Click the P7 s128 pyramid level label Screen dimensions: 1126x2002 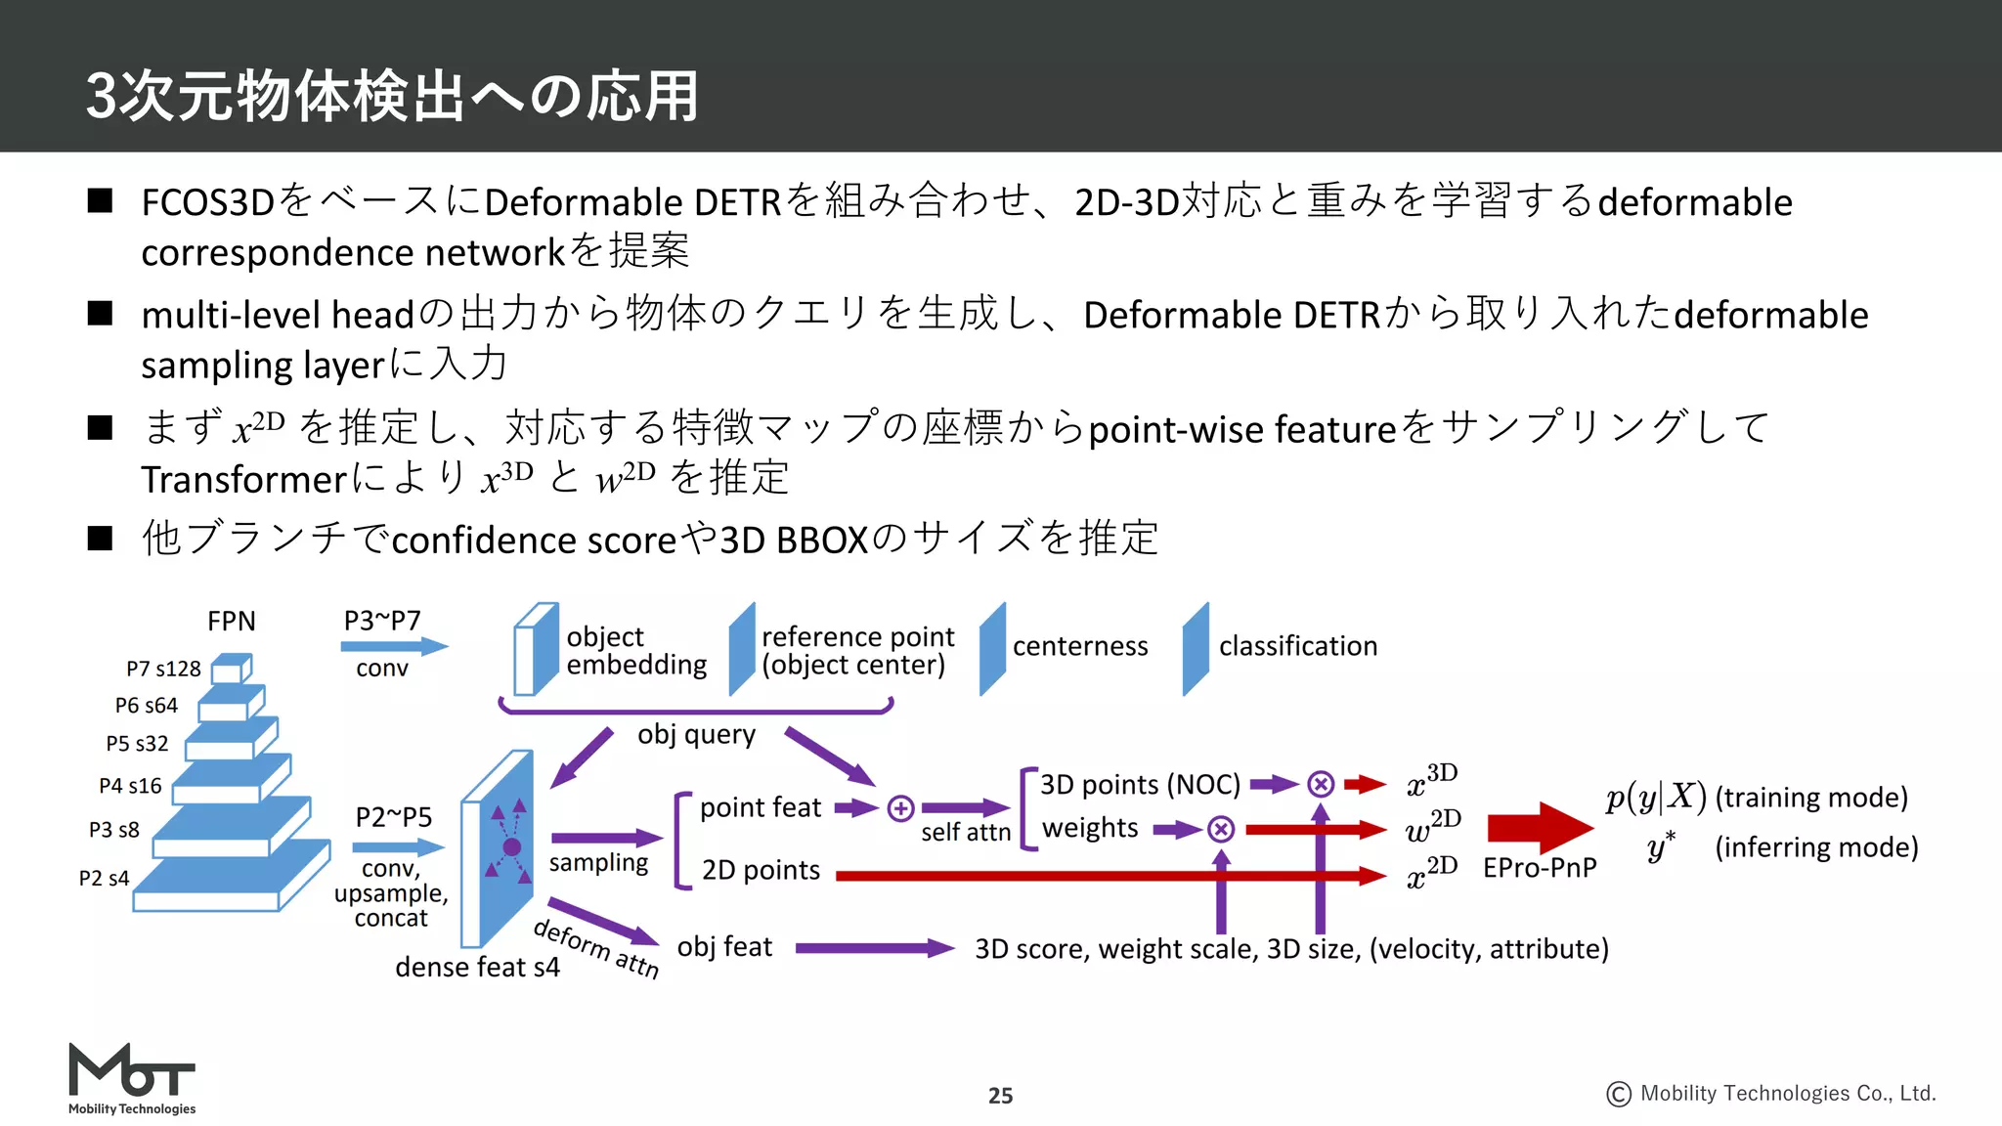point(163,669)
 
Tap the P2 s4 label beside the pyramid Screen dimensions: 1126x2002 point(104,878)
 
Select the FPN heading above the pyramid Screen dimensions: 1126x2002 point(232,622)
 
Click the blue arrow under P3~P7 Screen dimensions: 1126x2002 point(394,646)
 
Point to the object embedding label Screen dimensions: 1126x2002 point(635,651)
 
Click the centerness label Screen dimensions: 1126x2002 point(1080,646)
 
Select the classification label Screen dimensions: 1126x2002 point(1297,646)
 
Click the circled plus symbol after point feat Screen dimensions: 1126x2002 point(900,808)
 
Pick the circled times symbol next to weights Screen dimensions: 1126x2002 point(1220,830)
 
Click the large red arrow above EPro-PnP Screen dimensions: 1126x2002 point(1539,828)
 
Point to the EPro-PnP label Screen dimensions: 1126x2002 point(1540,868)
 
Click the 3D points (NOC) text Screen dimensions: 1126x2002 point(1140,785)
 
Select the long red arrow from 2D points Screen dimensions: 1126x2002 point(1105,876)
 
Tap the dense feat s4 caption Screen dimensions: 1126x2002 point(477,968)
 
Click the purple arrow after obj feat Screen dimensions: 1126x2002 point(874,947)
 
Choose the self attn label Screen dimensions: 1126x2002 point(966,833)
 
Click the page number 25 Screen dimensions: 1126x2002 point(1000,1096)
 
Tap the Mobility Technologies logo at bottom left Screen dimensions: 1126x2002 point(132,1079)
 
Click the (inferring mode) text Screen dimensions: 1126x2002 point(1816,846)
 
